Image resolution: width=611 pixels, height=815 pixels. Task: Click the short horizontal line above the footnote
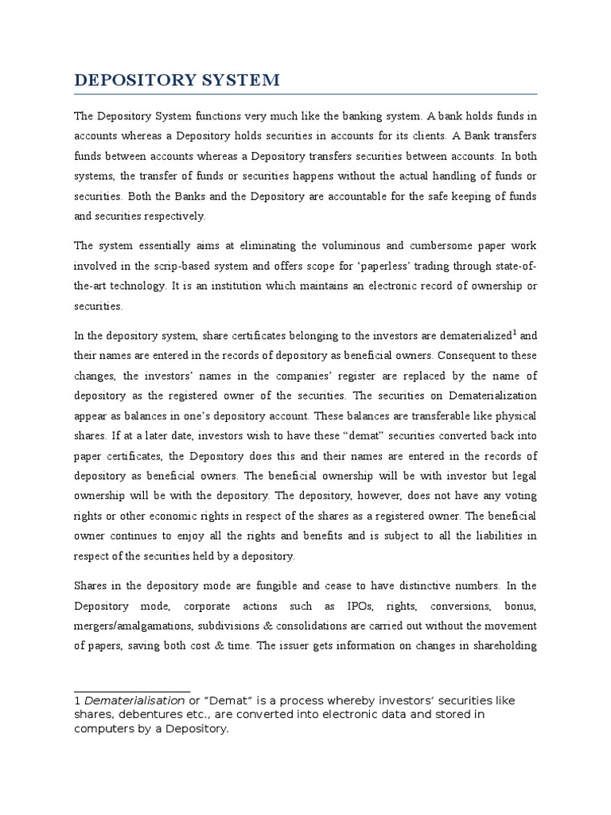(x=132, y=691)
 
